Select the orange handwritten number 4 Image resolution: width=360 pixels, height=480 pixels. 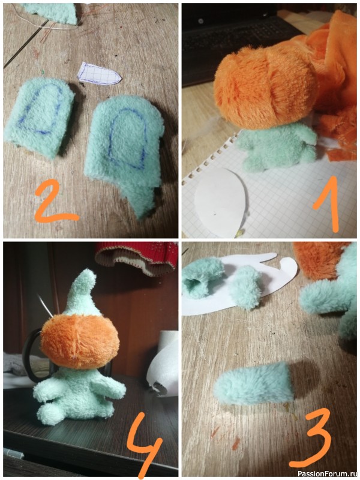(145, 445)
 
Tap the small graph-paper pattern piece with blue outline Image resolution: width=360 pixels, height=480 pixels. (98, 73)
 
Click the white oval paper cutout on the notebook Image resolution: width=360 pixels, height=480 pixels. (220, 202)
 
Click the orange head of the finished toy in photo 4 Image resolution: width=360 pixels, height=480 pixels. (80, 340)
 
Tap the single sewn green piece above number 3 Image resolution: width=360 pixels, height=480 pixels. (254, 383)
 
